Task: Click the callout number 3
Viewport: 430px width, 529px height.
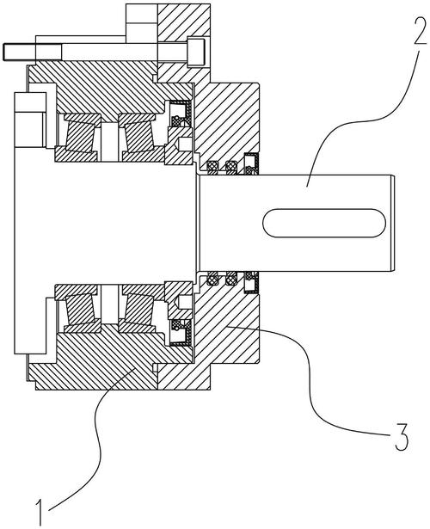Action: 402,436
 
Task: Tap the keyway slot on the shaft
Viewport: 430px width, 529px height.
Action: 324,223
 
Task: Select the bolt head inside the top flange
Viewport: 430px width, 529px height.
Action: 196,52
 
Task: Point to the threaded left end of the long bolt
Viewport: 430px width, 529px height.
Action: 20,52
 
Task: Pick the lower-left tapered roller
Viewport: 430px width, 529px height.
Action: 80,309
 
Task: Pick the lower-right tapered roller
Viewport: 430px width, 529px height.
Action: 139,309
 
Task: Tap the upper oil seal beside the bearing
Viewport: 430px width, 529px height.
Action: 180,114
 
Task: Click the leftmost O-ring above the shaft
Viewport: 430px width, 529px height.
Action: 212,166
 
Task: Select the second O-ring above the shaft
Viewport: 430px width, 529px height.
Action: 231,166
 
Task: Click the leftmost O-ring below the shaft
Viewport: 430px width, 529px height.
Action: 212,280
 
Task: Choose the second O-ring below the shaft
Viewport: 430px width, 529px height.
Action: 231,280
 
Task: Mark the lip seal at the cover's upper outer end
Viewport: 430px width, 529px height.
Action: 251,163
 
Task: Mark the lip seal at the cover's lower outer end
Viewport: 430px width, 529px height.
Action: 251,282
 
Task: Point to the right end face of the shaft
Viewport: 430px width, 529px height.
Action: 393,223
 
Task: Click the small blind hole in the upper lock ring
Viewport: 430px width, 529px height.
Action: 186,144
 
